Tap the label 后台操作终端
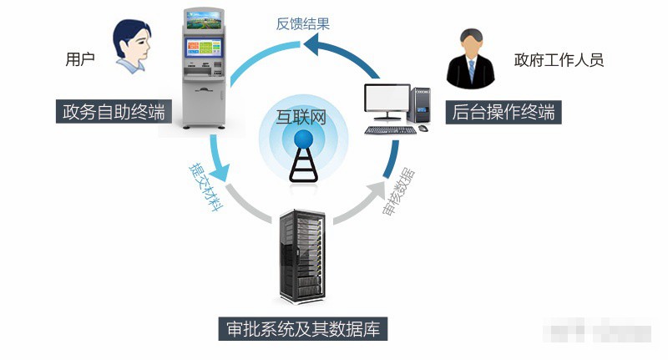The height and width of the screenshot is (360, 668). pyautogui.click(x=504, y=112)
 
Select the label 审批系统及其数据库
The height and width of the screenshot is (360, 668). pyautogui.click(x=302, y=328)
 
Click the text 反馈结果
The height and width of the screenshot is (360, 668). pyautogui.click(x=303, y=23)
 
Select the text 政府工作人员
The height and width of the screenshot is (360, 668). pyautogui.click(x=559, y=59)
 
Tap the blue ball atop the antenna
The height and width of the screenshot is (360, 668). pyautogui.click(x=302, y=140)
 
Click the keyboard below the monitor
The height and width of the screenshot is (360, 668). pyautogui.click(x=391, y=129)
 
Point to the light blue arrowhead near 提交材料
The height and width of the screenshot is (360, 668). pyautogui.click(x=218, y=177)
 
